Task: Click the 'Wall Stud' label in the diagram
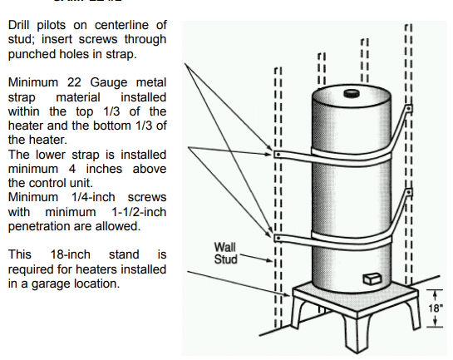click(x=225, y=253)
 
